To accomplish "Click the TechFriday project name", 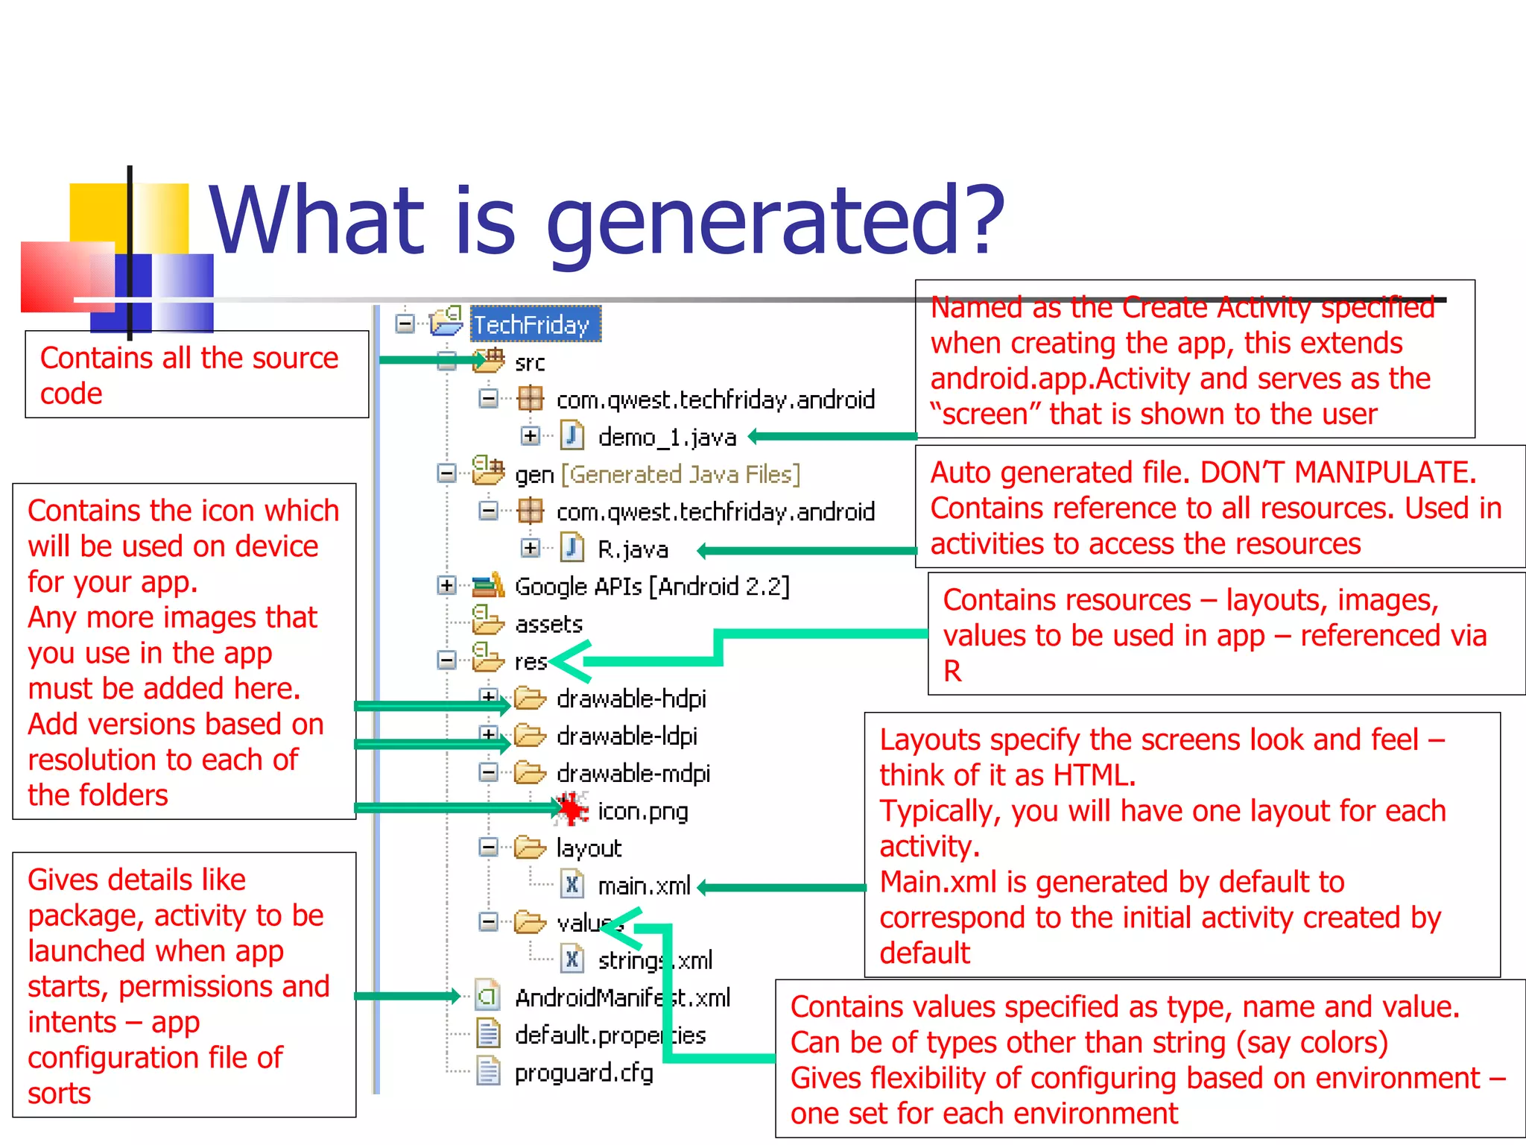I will (x=532, y=325).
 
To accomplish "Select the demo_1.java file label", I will (x=667, y=438).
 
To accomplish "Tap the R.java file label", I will (x=633, y=549).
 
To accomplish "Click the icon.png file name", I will (x=642, y=811).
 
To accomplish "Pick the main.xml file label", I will (x=644, y=886).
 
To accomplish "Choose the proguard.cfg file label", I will (x=583, y=1073).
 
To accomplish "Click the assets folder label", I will (x=548, y=624).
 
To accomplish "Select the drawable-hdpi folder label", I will (x=630, y=698).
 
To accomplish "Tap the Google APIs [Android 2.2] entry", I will (x=651, y=587).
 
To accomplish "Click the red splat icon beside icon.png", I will (x=571, y=810).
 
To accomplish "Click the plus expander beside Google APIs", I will (x=446, y=586).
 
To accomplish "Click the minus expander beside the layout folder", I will (x=488, y=847).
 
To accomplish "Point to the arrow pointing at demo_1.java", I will (x=831, y=436).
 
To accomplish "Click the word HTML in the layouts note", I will (x=1093, y=775).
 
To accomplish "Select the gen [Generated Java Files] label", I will (x=657, y=475).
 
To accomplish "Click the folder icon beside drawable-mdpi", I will (x=530, y=772).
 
